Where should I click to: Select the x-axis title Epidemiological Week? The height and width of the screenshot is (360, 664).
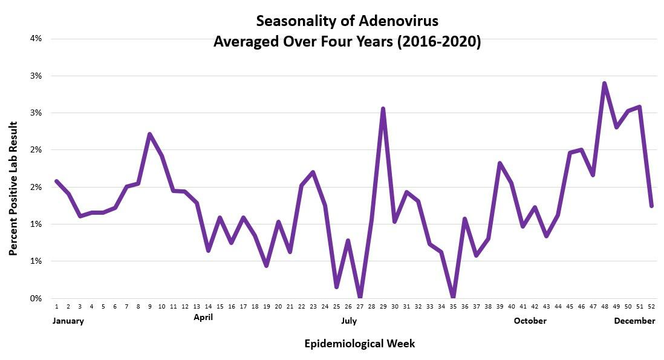(x=359, y=344)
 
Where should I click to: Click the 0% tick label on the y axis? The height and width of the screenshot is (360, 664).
(x=36, y=298)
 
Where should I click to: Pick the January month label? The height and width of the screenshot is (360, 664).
(x=67, y=321)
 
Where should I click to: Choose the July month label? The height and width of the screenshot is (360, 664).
(x=349, y=321)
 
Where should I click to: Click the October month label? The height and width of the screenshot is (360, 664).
(x=530, y=321)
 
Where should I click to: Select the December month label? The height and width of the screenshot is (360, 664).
(x=634, y=321)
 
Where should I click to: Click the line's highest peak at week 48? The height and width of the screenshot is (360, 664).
(x=604, y=83)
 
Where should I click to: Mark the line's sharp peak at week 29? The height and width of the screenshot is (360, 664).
(x=383, y=109)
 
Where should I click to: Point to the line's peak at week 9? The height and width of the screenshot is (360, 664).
(x=150, y=134)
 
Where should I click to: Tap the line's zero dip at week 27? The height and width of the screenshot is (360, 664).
(x=360, y=296)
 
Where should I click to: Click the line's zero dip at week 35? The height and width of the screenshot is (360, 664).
(x=453, y=296)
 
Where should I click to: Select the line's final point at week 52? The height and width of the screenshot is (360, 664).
(x=651, y=206)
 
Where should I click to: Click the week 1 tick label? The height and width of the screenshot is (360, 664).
(x=56, y=307)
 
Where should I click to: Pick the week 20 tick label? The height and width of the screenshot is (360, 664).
(x=278, y=307)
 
